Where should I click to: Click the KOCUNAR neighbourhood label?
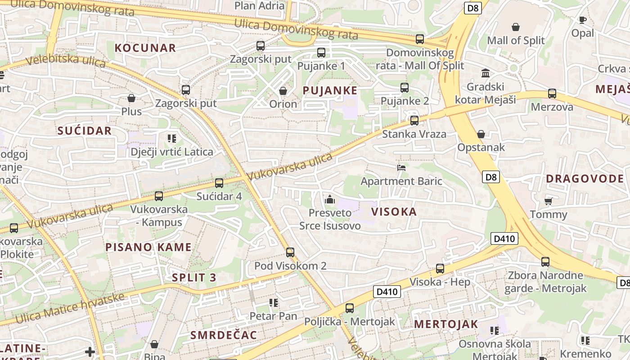pos(145,48)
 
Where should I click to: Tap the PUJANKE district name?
pos(330,90)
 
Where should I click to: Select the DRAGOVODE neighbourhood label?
pos(585,179)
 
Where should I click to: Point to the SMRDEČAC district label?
pos(224,335)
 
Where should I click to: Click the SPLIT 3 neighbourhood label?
pos(194,278)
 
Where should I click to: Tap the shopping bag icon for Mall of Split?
pos(516,27)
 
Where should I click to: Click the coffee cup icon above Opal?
pos(582,20)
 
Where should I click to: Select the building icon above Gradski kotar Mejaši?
pos(486,73)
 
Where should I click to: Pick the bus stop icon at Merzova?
pos(552,94)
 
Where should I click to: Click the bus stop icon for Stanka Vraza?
pos(414,121)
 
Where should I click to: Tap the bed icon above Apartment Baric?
pos(401,168)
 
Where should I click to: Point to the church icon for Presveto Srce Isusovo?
pos(330,199)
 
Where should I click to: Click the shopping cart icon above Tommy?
pos(548,201)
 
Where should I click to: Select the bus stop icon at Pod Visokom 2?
pos(290,252)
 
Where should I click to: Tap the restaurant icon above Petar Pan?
pos(273,303)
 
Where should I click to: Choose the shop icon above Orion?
pos(283,91)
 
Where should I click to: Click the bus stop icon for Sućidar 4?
pos(219,183)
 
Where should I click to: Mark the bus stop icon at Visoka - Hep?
pos(440,269)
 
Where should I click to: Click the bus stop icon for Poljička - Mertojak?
pos(349,308)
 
